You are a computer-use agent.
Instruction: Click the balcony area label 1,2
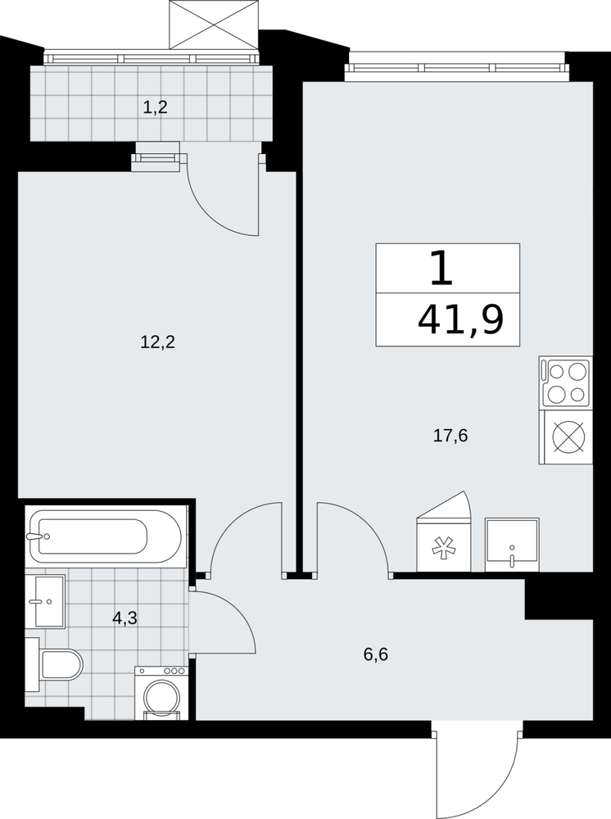[155, 108]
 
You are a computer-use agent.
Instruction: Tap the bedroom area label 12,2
[157, 342]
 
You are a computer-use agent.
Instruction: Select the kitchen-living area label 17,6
[450, 435]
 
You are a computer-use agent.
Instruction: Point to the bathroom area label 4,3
[124, 618]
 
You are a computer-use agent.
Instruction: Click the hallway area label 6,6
[376, 654]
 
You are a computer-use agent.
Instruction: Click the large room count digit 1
[441, 268]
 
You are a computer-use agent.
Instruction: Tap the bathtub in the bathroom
[106, 536]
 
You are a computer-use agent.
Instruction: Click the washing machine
[161, 693]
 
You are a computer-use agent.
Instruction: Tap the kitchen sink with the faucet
[512, 545]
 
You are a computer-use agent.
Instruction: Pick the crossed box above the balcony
[214, 25]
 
